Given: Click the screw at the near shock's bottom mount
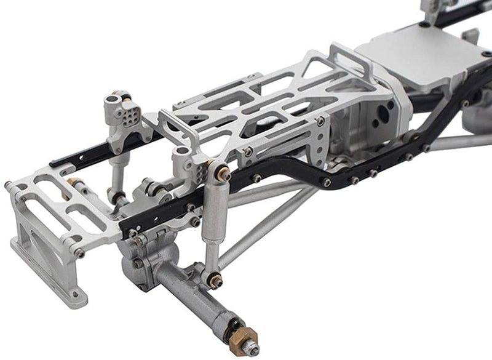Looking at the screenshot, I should (x=215, y=280).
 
